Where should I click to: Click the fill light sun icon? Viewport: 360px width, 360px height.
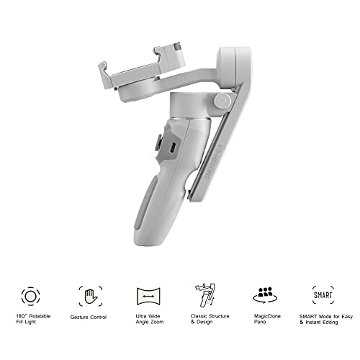click(30, 296)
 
